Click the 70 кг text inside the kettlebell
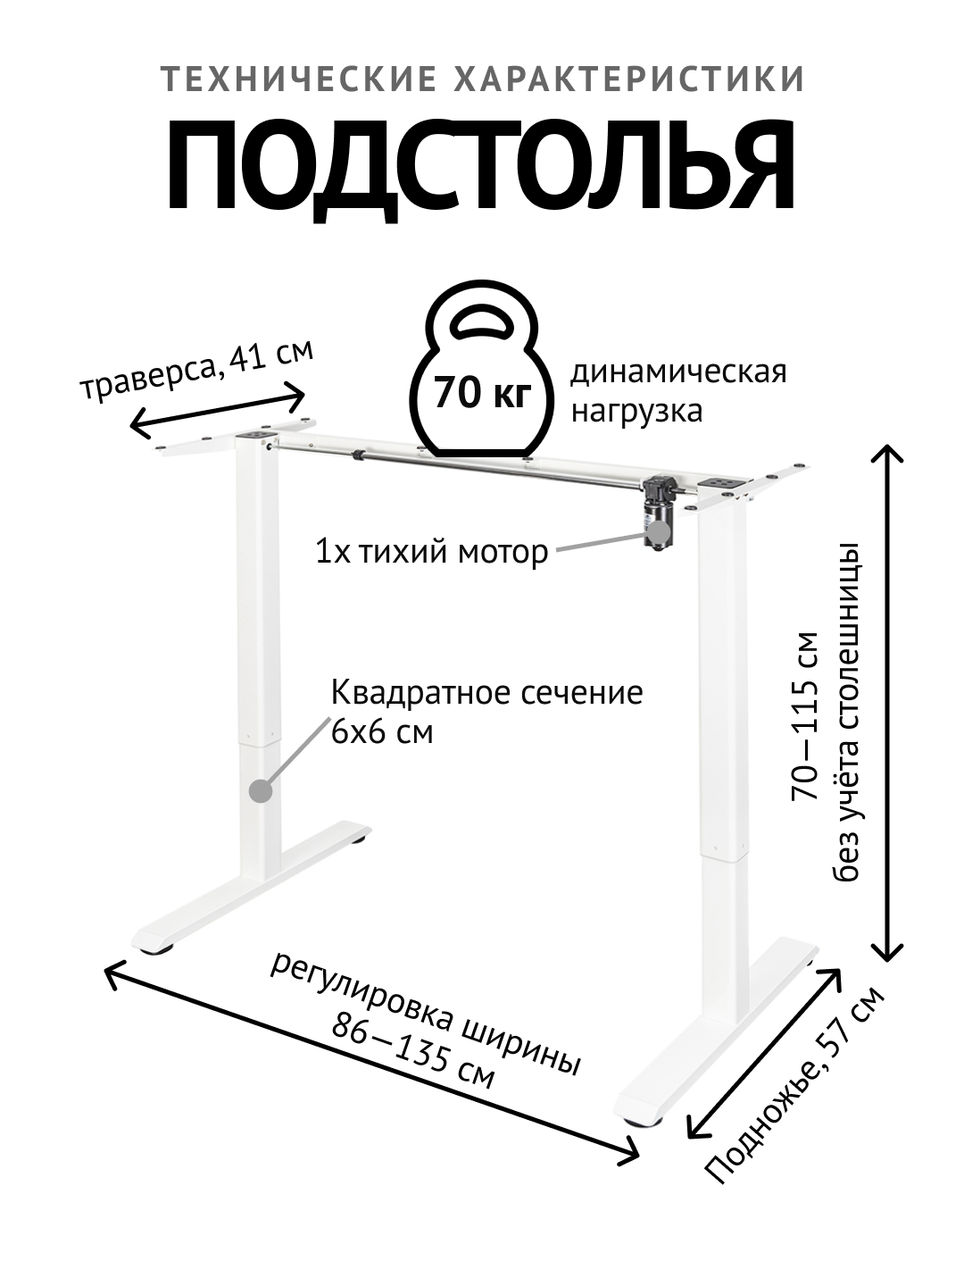pyautogui.click(x=483, y=393)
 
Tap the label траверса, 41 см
pyautogui.click(x=197, y=373)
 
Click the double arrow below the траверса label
pyautogui.click(x=219, y=409)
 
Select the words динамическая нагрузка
pyautogui.click(x=678, y=391)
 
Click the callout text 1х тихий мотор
pyautogui.click(x=431, y=553)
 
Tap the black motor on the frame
pyautogui.click(x=659, y=513)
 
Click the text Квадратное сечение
pyautogui.click(x=487, y=693)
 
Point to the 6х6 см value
pyautogui.click(x=382, y=732)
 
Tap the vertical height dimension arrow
pyautogui.click(x=888, y=701)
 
